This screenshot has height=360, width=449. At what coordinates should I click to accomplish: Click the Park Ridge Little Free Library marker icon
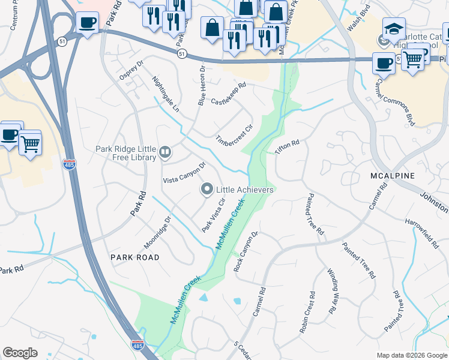[165, 152]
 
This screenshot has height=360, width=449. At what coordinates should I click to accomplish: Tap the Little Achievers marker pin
[207, 190]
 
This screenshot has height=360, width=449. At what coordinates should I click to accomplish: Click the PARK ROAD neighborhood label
[135, 257]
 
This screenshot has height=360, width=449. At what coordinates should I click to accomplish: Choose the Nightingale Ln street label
[166, 94]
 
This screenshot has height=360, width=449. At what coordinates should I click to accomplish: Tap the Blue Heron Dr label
[202, 86]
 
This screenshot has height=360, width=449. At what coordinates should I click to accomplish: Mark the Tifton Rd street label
[287, 148]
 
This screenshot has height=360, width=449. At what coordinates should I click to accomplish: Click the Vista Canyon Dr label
[184, 172]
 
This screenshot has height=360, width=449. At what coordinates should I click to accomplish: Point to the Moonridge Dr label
[157, 233]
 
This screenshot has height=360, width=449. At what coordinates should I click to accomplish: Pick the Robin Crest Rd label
[308, 312]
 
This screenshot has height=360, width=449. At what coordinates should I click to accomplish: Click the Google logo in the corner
[20, 353]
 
